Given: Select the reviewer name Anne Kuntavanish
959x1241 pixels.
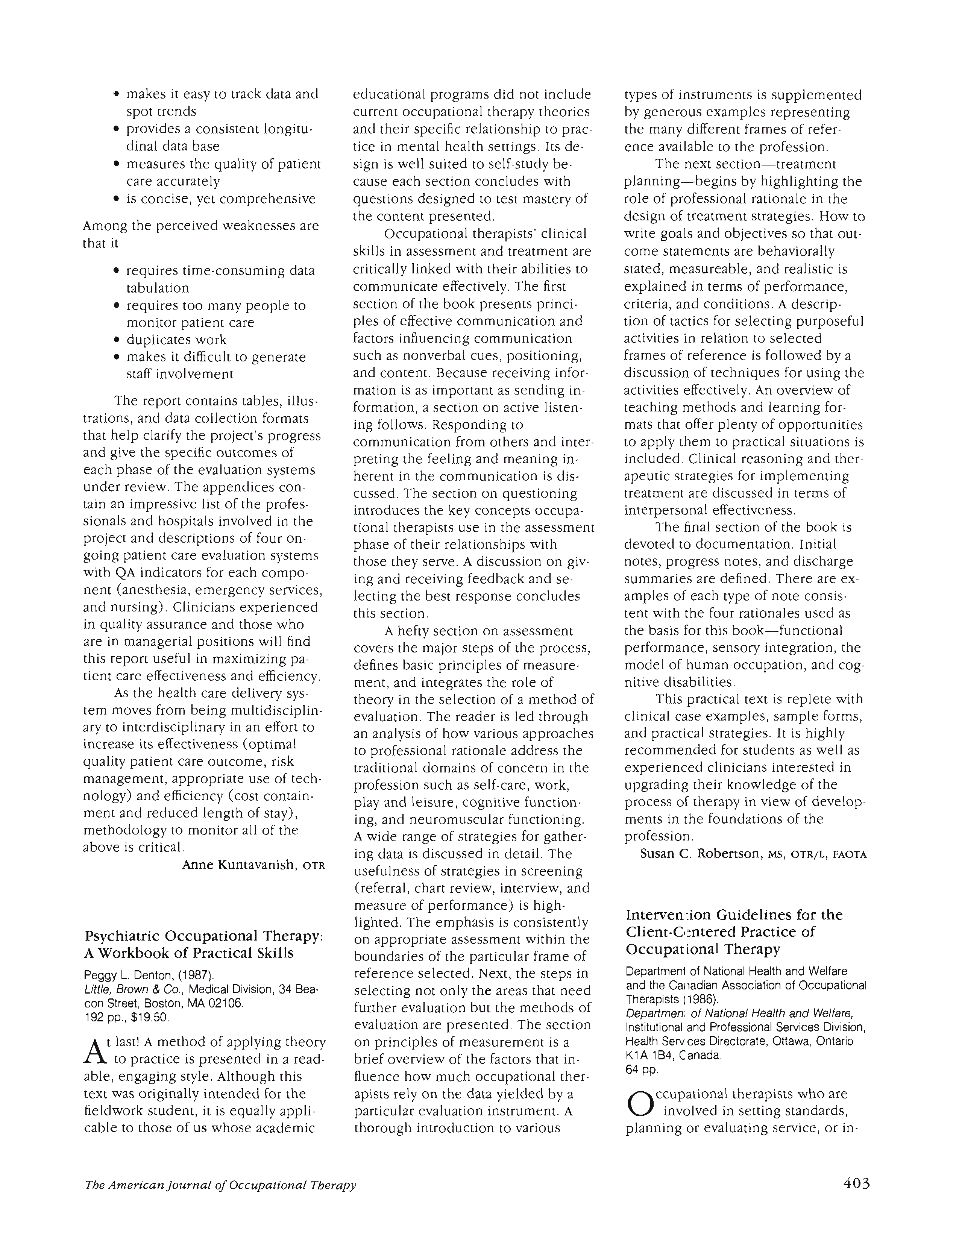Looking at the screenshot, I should point(238,865).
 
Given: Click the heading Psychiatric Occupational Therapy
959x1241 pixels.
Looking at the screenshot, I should point(203,936).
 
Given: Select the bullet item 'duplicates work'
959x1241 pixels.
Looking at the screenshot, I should point(176,340).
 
